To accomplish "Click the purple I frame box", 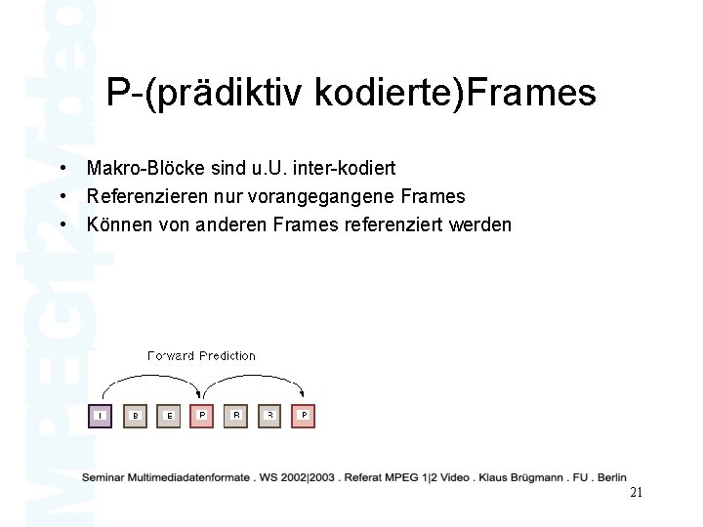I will point(101,416).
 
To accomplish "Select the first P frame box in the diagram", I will point(202,416).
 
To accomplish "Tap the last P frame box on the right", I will point(304,416).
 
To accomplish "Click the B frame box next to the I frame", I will point(135,416).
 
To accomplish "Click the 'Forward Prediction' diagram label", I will point(201,356).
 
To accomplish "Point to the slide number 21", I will point(636,493).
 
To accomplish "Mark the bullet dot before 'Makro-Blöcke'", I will point(62,169).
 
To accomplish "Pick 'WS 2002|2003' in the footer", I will point(297,477).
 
